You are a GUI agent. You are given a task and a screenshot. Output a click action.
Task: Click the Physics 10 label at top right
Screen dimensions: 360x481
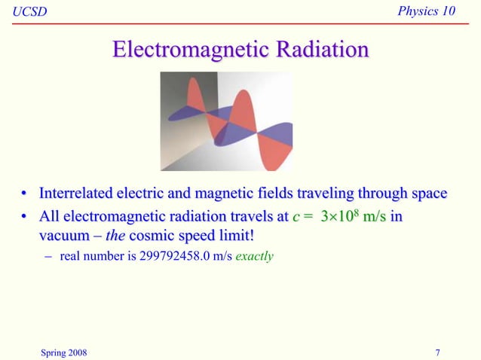[432, 10]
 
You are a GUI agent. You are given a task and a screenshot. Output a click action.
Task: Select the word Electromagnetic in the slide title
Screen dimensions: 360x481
[193, 50]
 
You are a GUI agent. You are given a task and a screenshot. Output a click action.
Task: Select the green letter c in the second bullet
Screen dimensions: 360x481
[295, 217]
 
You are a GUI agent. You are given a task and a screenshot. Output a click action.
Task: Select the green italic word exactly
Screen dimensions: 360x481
[255, 257]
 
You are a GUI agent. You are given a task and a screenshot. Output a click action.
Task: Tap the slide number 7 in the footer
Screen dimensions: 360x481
[438, 350]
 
